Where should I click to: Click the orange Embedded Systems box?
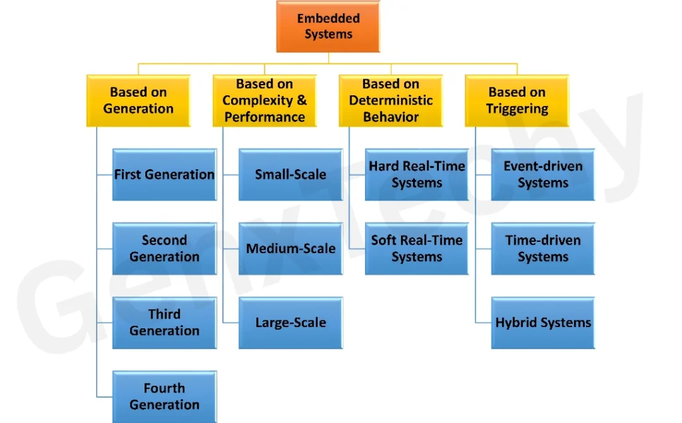pos(328,27)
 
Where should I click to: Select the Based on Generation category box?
pos(139,101)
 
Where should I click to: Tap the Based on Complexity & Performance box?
pos(264,101)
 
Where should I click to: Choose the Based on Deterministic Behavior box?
pos(390,101)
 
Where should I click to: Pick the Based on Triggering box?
pos(517,101)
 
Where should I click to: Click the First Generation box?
pos(165,175)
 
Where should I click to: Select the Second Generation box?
pos(165,248)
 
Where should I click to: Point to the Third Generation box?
pos(165,322)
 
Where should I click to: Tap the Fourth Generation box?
pos(165,396)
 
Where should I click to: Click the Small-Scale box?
pos(290,175)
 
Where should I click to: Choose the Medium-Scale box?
pos(290,248)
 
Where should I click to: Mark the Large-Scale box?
pos(290,322)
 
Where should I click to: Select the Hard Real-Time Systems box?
pos(417,175)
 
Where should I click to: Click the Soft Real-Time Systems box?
pos(417,248)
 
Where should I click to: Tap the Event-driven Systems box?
pos(543,175)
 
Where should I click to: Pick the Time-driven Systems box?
pos(543,248)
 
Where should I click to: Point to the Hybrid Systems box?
pos(543,322)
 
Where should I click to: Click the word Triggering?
pos(517,109)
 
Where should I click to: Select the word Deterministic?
pos(390,101)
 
